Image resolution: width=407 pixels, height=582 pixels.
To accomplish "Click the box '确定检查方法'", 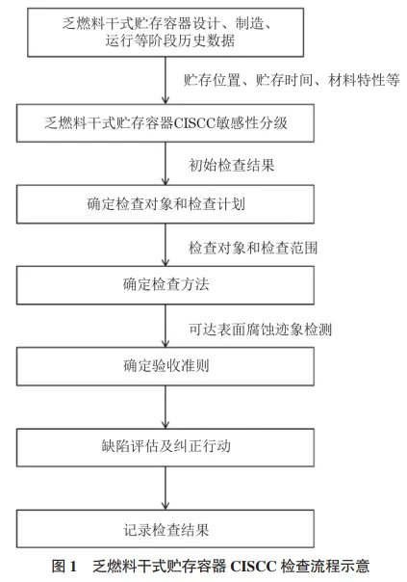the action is click(165, 285).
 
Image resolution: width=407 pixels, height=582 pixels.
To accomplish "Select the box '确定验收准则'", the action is click(165, 366).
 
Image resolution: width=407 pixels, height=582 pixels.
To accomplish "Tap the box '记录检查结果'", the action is click(165, 529).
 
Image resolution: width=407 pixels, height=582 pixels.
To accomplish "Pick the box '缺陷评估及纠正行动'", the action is click(165, 447).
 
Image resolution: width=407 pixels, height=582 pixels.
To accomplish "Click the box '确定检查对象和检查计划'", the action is click(165, 204).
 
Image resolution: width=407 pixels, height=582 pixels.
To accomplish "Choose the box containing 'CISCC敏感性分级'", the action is click(165, 123).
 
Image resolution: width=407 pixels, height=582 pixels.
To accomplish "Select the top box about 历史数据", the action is click(165, 33).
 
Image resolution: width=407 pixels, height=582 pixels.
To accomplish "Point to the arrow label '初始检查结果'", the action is click(232, 165).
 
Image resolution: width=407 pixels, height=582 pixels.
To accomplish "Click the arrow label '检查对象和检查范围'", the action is click(253, 248).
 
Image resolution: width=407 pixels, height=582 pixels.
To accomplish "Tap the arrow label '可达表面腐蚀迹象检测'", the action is click(260, 330).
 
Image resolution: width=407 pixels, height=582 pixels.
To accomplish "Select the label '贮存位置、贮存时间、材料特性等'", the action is click(292, 80).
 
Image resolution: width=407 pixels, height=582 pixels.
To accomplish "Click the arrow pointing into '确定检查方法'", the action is click(165, 245).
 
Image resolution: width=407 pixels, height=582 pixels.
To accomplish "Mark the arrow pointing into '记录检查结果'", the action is click(165, 489).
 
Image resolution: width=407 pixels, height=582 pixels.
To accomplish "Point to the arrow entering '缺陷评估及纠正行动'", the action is click(165, 408).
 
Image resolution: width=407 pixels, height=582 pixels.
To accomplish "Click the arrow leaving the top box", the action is click(165, 81).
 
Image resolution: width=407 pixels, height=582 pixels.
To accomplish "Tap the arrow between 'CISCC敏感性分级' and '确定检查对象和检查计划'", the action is click(165, 164).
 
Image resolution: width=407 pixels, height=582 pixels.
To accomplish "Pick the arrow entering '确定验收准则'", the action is click(165, 326).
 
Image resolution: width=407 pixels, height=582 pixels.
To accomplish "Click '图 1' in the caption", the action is click(64, 566).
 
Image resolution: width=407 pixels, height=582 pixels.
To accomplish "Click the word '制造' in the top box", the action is click(250, 23).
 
